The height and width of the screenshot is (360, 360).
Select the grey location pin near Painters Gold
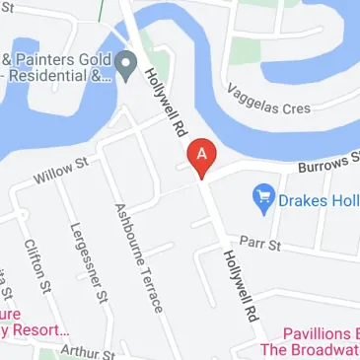click(x=126, y=67)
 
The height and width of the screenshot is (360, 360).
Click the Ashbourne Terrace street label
click(x=138, y=258)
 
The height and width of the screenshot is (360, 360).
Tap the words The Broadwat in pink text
click(x=308, y=349)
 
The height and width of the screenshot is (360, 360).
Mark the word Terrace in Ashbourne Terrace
click(x=148, y=286)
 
